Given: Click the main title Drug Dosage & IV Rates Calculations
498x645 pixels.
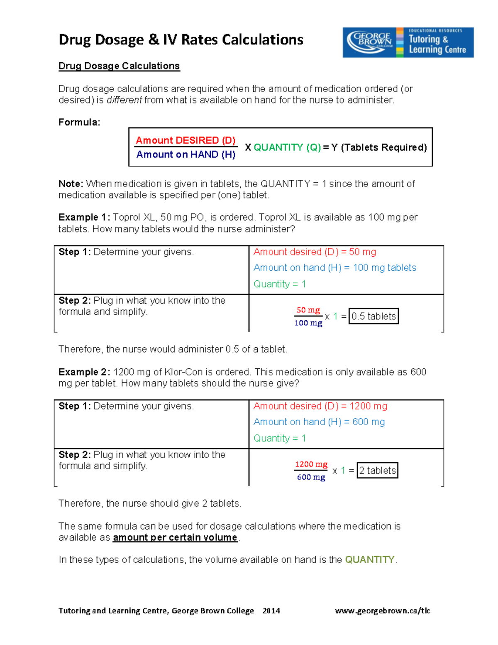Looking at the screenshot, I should (181, 40).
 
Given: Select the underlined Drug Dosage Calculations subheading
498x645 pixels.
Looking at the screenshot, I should (119, 66).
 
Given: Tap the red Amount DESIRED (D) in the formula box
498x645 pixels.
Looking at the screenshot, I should (186, 140).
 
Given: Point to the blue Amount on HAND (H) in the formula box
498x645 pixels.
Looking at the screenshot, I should (186, 155).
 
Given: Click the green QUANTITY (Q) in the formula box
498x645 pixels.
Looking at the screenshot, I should (287, 147).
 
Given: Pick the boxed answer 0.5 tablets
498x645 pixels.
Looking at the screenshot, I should (373, 316).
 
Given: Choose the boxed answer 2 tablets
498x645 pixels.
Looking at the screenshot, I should (377, 470).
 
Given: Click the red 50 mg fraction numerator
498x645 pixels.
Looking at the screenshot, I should (308, 310).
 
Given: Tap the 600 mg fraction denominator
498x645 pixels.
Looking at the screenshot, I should (311, 477).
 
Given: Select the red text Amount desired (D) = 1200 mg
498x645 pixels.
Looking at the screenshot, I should (320, 406).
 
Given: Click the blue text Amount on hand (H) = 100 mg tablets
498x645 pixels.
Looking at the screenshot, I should (334, 268).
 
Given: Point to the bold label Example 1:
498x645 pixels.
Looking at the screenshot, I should (84, 217).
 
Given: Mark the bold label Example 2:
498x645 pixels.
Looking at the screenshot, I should (84, 372).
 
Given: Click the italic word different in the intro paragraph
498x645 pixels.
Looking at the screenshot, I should (124, 100).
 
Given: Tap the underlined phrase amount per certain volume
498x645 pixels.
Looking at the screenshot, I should (175, 537).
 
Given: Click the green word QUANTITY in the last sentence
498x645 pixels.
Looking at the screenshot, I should (370, 559).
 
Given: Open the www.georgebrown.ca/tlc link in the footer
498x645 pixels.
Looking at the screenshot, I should (382, 611).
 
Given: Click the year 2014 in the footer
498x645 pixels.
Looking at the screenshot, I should (271, 611).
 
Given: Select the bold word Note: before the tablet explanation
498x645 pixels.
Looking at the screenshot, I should (71, 184).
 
